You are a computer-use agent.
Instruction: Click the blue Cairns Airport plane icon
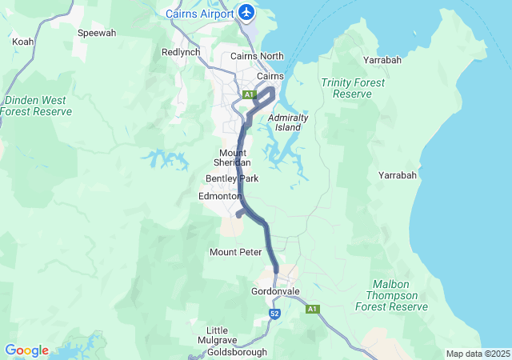click(x=246, y=13)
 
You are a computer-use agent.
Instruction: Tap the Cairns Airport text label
click(x=199, y=14)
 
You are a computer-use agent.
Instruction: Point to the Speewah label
click(x=96, y=33)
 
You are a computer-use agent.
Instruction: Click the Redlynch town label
click(x=180, y=51)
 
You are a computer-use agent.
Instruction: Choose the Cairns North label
click(x=257, y=56)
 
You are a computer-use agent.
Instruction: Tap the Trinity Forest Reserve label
click(x=353, y=88)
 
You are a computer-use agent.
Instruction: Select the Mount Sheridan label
click(x=232, y=157)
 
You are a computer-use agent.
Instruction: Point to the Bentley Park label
click(x=232, y=178)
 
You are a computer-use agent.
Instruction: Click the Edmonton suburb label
click(x=220, y=196)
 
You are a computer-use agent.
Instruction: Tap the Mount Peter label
click(x=235, y=252)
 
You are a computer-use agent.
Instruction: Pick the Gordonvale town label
click(x=274, y=290)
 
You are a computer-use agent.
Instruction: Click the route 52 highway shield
click(x=274, y=314)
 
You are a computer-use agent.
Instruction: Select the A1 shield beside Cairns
click(x=249, y=94)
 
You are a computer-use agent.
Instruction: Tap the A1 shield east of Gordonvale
click(x=312, y=309)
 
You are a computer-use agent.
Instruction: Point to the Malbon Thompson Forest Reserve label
click(x=400, y=295)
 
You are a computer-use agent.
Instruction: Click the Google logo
click(x=26, y=350)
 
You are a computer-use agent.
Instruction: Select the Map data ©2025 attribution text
click(x=477, y=354)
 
